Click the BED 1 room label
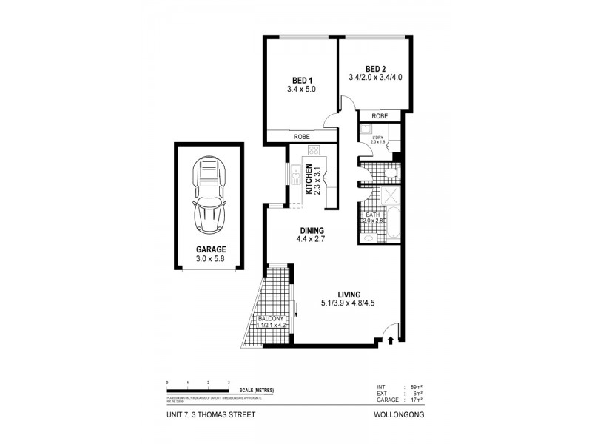tap(301, 80)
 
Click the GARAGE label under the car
tap(211, 249)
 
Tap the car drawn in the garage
tap(209, 195)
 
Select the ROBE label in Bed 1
tap(301, 137)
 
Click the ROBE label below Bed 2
tap(380, 116)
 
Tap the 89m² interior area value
tap(416, 386)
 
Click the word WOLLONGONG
tap(400, 415)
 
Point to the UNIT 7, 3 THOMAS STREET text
tap(212, 415)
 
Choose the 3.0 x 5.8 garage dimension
tap(211, 259)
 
